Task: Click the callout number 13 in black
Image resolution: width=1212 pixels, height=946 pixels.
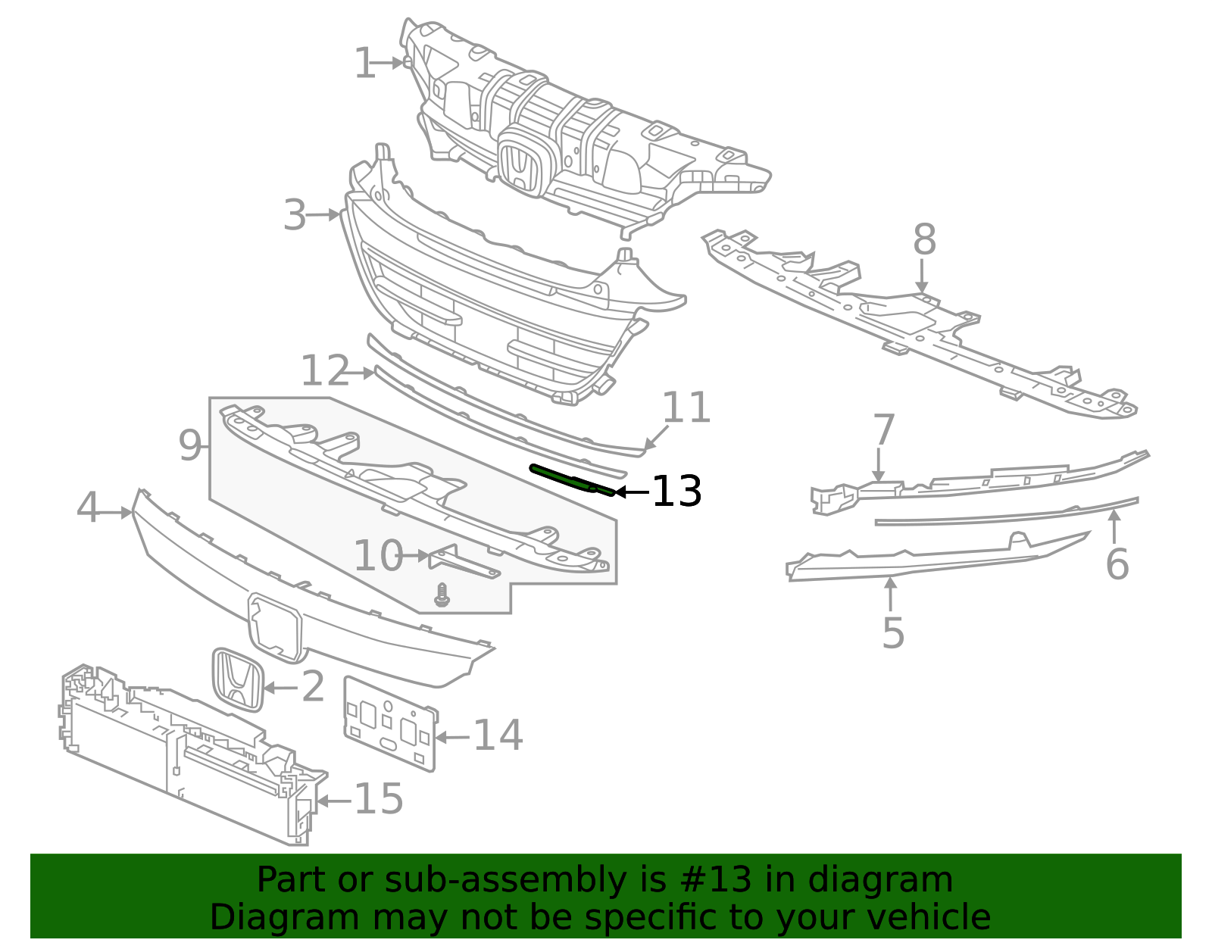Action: [676, 492]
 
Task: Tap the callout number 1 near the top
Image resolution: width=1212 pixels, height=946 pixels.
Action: [364, 64]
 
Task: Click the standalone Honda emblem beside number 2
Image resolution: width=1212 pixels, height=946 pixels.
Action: [237, 679]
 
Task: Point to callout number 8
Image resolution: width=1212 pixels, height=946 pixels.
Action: [924, 240]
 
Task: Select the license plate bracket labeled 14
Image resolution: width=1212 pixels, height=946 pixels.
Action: [390, 724]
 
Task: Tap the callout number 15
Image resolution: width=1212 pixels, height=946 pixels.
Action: [379, 799]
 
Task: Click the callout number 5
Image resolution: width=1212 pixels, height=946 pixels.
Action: [893, 632]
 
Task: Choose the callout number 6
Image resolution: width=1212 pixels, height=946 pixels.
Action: [1117, 564]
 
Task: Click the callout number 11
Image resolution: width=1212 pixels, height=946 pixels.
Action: [686, 408]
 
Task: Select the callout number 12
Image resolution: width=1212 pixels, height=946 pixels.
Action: [325, 371]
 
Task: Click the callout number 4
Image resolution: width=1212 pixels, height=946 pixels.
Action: [88, 507]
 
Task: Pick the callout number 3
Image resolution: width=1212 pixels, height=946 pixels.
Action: [295, 216]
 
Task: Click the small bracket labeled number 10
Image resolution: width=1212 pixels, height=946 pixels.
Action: [462, 561]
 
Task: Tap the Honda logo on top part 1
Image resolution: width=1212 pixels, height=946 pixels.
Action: [519, 167]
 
